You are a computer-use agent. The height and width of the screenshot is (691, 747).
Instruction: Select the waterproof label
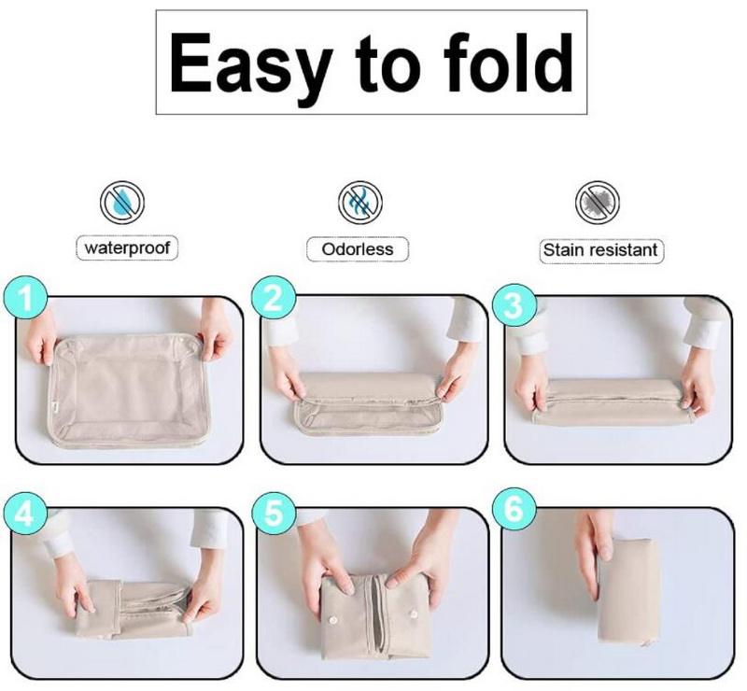(x=127, y=247)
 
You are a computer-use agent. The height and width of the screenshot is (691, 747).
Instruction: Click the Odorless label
(x=358, y=248)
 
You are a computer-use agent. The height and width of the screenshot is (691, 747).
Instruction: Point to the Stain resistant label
(x=600, y=250)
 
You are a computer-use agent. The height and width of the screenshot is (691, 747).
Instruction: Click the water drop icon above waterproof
(x=122, y=203)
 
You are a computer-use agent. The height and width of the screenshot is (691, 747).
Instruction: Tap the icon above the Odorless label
(x=360, y=203)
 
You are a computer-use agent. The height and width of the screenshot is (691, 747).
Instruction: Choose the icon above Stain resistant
(x=598, y=203)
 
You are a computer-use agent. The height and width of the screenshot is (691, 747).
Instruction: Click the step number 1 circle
(x=25, y=298)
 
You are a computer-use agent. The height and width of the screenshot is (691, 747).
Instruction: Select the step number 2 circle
(x=274, y=298)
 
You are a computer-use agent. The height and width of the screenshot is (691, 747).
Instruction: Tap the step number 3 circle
(x=514, y=305)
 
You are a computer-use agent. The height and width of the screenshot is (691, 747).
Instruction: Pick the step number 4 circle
(x=25, y=515)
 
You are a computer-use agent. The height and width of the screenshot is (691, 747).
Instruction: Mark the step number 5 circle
(x=274, y=515)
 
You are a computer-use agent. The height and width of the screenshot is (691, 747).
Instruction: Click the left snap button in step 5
(x=332, y=620)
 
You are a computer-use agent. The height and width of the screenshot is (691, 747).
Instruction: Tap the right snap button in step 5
(x=413, y=613)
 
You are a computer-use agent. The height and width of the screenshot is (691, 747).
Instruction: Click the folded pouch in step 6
(x=628, y=592)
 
